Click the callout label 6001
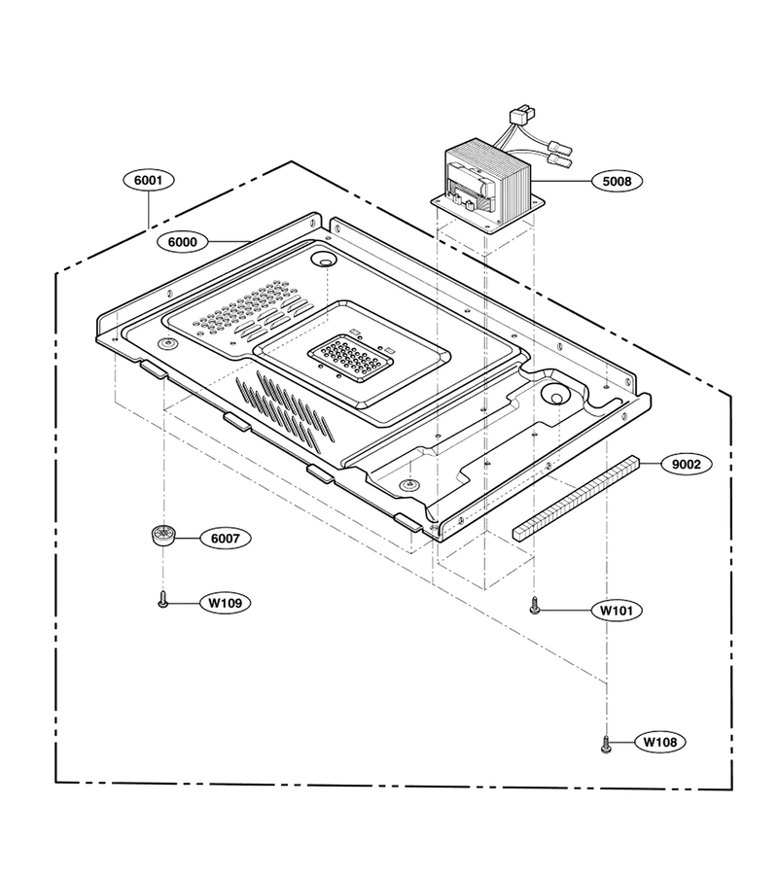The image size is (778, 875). (x=149, y=180)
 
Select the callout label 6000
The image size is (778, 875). (x=183, y=242)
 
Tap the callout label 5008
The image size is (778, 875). (x=617, y=181)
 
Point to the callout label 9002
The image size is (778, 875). (x=686, y=465)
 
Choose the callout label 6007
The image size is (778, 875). (x=225, y=539)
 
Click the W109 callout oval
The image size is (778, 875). (x=226, y=603)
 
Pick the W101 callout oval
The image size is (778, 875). (x=617, y=611)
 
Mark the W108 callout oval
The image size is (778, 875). (x=660, y=742)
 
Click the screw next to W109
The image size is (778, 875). (x=163, y=601)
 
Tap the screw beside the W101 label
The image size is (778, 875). (x=535, y=607)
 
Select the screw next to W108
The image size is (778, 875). (x=606, y=745)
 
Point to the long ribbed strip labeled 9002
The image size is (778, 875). (x=576, y=498)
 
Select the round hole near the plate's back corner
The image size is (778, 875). (x=324, y=259)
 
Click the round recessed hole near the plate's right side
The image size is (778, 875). (x=555, y=395)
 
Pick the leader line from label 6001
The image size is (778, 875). (x=149, y=210)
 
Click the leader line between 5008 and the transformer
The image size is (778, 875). (x=561, y=181)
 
